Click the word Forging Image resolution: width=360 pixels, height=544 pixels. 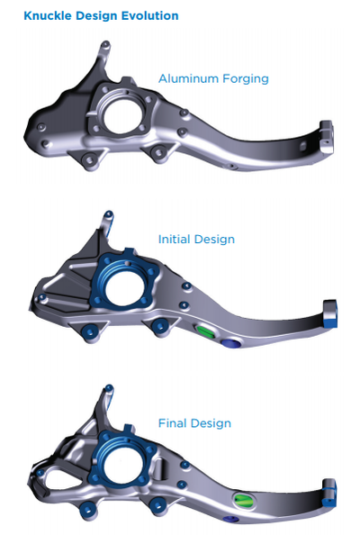click(246, 79)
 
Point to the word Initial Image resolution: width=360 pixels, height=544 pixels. click(175, 239)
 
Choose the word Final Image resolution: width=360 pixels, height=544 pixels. click(173, 423)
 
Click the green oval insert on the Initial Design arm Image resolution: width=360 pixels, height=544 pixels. click(205, 331)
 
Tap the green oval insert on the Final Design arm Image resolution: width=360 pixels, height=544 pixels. click(245, 500)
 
